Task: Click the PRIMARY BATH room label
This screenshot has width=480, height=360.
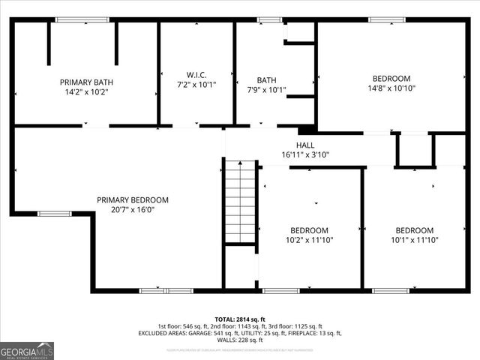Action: coord(85,82)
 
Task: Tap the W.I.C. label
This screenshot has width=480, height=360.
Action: coord(196,74)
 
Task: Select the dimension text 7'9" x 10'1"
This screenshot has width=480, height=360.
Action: coord(266,89)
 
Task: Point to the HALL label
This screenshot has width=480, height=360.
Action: coord(305,145)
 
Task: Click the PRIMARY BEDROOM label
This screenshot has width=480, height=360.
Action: coord(132,200)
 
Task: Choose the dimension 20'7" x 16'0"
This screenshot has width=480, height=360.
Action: coord(132,211)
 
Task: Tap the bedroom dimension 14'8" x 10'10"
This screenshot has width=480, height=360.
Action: coord(391,88)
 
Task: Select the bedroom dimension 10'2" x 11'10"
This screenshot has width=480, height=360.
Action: coord(310,240)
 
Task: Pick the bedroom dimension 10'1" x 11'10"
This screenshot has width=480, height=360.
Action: coord(414,240)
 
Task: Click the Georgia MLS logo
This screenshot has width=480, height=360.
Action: coord(27,350)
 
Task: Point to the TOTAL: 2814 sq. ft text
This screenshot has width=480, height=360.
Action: coord(239,319)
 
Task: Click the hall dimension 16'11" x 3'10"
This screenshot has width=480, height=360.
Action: coord(305,154)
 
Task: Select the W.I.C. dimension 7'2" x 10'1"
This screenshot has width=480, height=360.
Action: coord(196,84)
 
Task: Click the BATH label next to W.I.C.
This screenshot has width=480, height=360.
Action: coord(266,79)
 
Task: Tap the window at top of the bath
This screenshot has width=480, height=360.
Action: coord(269,19)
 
